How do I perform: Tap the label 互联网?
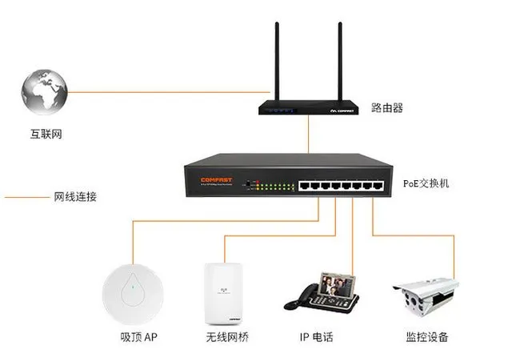click(46, 134)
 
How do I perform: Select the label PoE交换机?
click(427, 183)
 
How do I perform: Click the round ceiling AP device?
click(133, 288)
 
